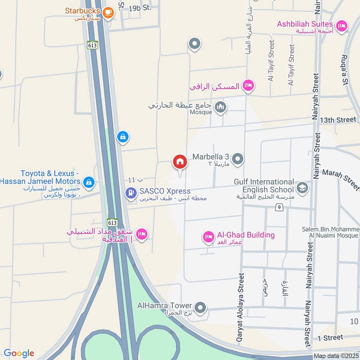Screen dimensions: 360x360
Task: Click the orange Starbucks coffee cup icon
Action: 108,13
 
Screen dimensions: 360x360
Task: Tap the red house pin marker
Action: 180,162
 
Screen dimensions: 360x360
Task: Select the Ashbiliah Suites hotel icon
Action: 342,26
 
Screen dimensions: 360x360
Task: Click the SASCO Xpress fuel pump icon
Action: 130,193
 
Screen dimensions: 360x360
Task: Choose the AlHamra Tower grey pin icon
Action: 200,308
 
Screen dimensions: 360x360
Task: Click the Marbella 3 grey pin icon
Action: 238,159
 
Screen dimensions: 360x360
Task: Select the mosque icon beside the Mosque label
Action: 220,107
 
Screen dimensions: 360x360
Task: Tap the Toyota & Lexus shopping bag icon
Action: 89,182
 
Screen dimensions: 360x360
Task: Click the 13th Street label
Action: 338,120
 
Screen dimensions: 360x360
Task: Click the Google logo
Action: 19,353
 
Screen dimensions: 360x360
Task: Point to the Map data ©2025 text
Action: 336,356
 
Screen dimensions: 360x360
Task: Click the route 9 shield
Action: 279,207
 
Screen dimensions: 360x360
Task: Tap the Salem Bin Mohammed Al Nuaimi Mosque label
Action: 331,232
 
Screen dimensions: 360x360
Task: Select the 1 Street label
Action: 330,337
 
